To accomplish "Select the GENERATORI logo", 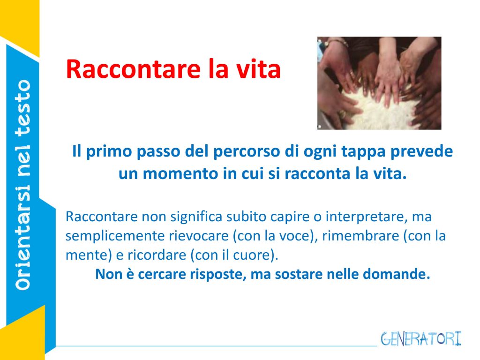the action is coord(421,339).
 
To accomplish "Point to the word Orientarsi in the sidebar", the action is coord(23,237).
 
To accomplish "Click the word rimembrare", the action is coord(360,236).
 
